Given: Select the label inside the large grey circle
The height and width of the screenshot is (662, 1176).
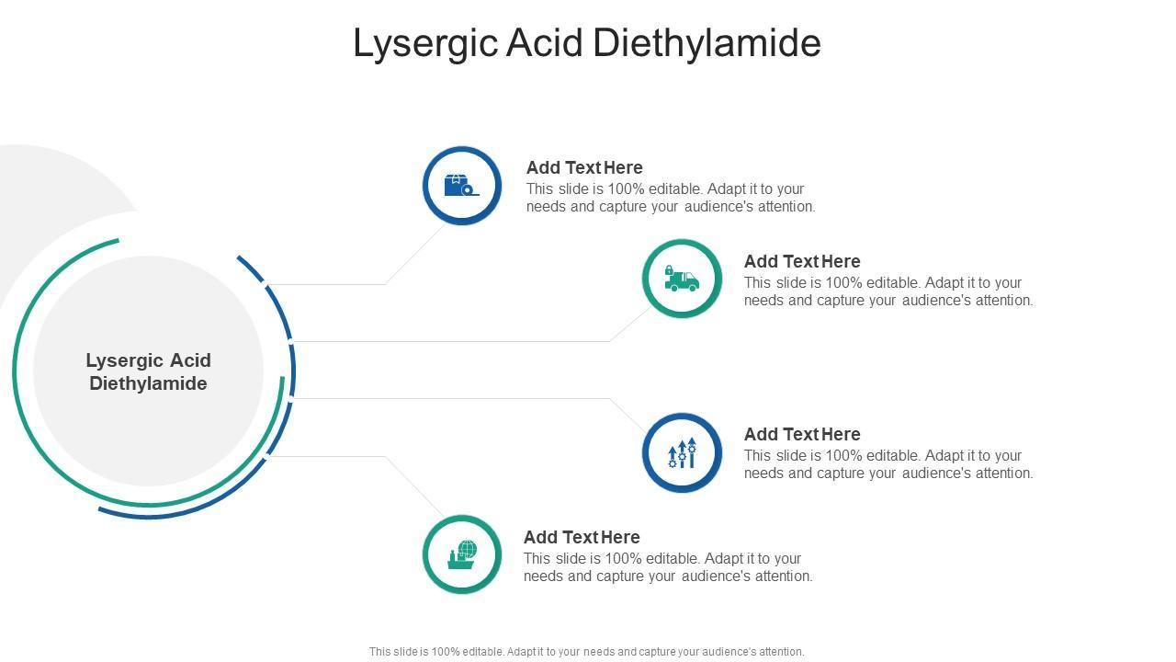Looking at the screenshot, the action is coord(148,371).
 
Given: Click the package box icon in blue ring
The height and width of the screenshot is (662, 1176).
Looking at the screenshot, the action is coord(461,186).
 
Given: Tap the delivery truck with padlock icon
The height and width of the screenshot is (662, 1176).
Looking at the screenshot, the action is coord(682,279).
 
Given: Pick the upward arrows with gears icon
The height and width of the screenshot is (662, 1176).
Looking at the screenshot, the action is coord(682,452).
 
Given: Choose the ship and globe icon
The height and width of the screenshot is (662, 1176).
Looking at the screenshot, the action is coord(461,554).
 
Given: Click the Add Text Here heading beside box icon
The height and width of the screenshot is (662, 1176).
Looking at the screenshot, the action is coord(584,167).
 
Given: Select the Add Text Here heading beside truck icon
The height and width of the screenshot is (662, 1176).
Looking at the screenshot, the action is coord(802,261).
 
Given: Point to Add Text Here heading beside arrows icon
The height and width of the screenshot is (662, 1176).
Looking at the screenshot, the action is coord(802,434).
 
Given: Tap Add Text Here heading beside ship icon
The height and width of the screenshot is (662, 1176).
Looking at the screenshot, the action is coord(582,537).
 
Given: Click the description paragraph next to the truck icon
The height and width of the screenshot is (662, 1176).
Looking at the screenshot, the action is coord(888,291).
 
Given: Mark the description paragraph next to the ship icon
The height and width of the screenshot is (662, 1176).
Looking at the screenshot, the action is coord(668,567).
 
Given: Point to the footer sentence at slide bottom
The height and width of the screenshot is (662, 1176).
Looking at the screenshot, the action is coord(586,652).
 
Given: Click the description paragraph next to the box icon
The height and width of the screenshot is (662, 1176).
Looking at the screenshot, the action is coord(671,198).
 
